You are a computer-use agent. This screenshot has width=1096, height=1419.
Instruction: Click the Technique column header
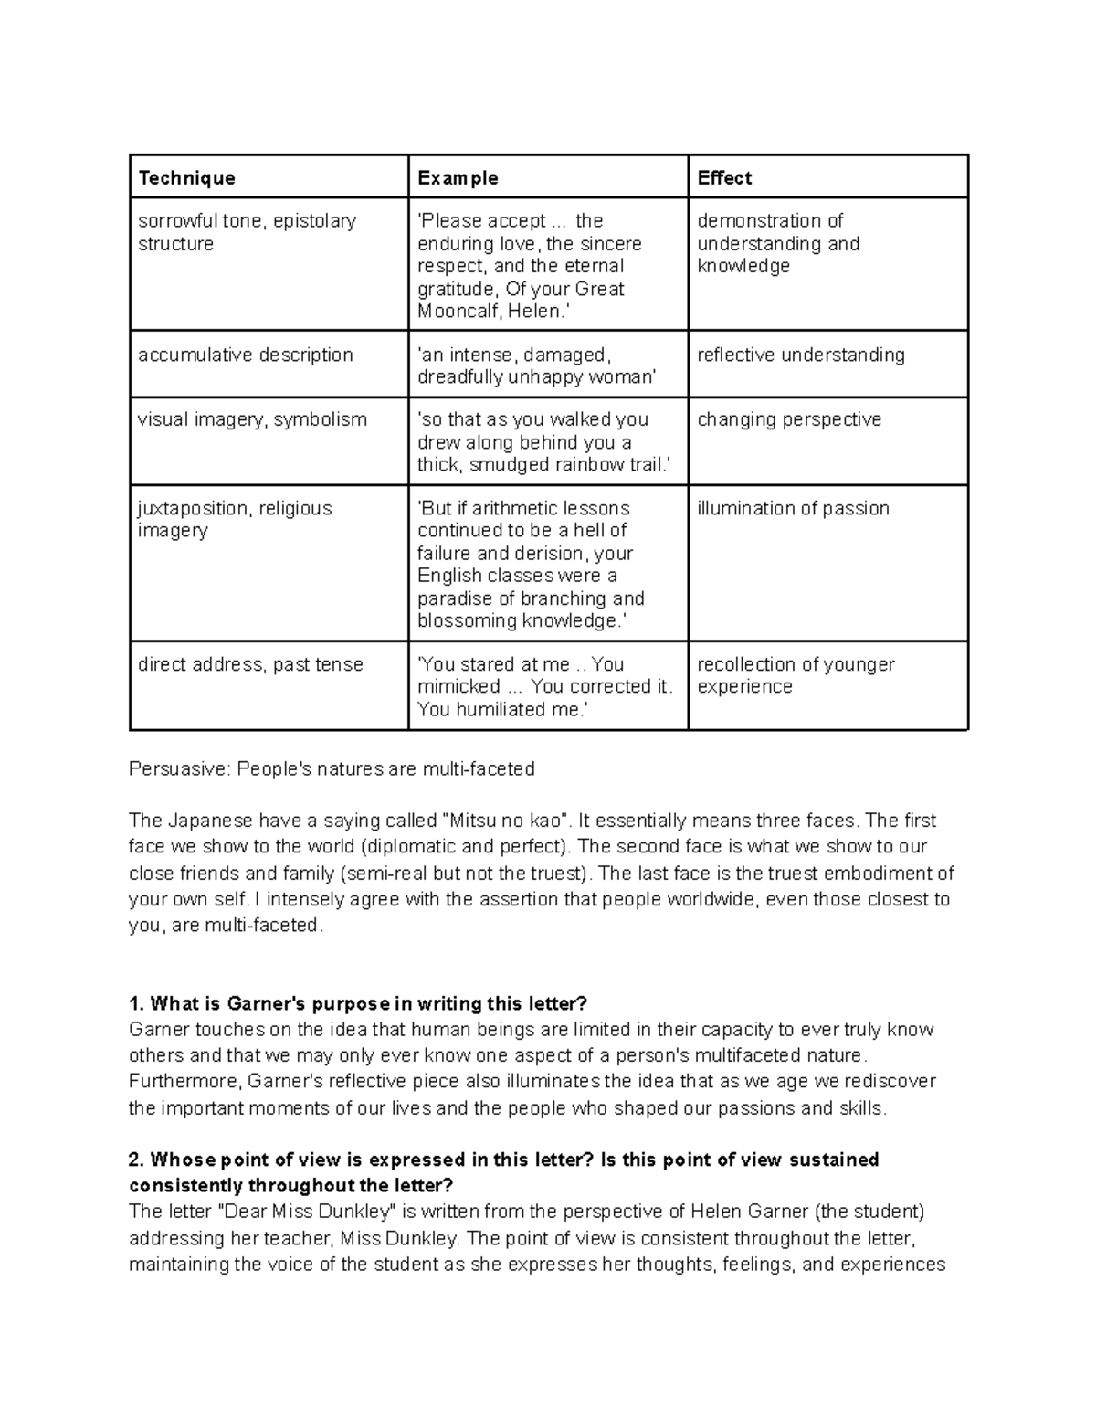coord(186,178)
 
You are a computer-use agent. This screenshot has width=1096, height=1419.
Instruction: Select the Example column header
coord(458,178)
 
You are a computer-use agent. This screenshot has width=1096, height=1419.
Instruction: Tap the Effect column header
coord(724,178)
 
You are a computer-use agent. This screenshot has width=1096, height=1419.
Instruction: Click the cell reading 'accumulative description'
coord(245,355)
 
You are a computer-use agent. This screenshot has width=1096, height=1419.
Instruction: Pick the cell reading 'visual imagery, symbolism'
coord(252,419)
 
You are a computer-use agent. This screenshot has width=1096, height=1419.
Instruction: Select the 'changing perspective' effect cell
coord(789,419)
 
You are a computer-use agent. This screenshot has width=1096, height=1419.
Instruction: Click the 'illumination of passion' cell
coord(793,508)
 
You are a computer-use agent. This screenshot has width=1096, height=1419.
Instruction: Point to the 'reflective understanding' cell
coord(800,355)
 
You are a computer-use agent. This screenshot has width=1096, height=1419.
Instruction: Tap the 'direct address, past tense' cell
coord(250,664)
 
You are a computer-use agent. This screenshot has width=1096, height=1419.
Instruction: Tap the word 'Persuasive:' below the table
coord(180,768)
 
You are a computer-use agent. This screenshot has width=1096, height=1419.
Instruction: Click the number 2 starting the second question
coord(136,1160)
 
